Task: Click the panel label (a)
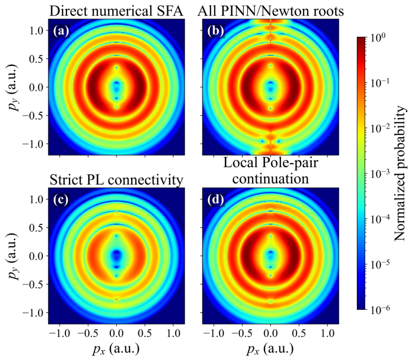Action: [61, 31]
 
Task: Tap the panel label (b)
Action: [216, 31]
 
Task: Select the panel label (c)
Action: [61, 200]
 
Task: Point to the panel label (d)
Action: [216, 200]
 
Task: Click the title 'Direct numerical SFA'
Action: [116, 11]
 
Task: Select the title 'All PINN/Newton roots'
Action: [271, 11]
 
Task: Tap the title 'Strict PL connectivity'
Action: [116, 180]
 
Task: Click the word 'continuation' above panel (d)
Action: [271, 179]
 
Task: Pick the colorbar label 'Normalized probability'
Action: [400, 173]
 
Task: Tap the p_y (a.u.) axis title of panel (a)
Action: [14, 87]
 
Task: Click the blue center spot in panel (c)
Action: [116, 255]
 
